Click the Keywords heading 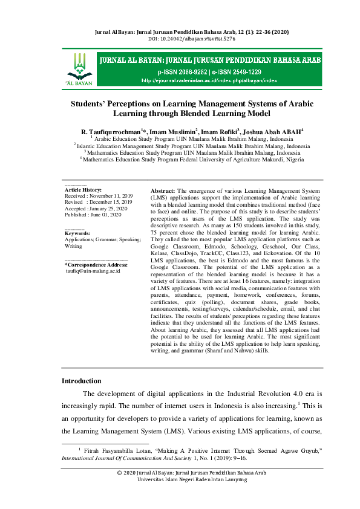77,233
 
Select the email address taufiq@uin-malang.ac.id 93,271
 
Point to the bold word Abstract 162,190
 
